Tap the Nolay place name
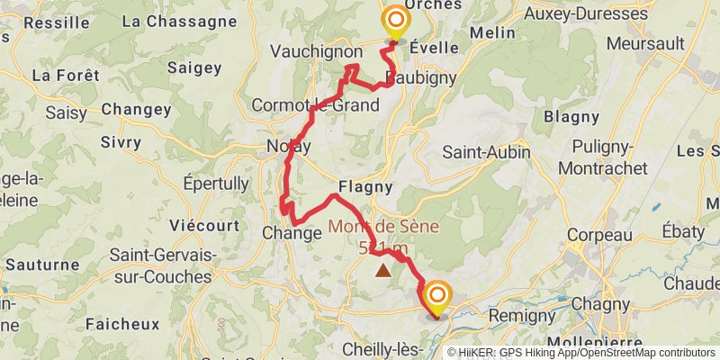[x=289, y=147]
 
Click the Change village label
[x=292, y=233]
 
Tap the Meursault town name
[x=641, y=42]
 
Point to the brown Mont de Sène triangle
[x=383, y=270]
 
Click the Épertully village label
[x=216, y=184]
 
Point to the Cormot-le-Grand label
[x=315, y=105]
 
